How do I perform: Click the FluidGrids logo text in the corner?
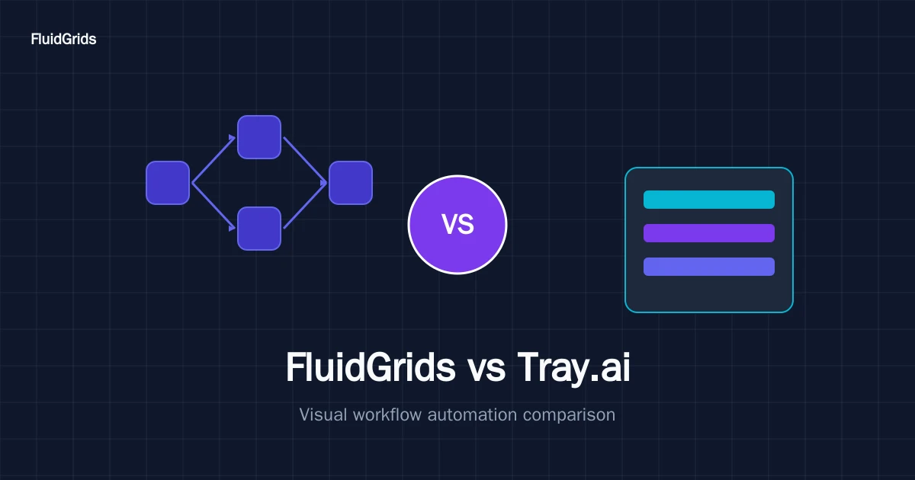[x=63, y=39]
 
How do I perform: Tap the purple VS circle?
[x=457, y=225]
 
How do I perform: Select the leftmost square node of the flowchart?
[x=168, y=183]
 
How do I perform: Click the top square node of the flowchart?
[x=259, y=137]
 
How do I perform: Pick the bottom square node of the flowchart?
[x=259, y=229]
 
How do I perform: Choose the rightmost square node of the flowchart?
[x=351, y=183]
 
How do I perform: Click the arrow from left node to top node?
[x=213, y=159]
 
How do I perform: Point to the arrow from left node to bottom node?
[x=213, y=206]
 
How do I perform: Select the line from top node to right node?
[x=305, y=160]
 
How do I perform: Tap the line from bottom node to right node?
[x=305, y=206]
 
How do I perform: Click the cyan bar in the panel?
[x=709, y=200]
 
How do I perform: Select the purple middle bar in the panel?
[x=709, y=233]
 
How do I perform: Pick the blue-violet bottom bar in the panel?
[x=709, y=267]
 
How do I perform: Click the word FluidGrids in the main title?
[x=371, y=367]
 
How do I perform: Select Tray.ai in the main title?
[x=574, y=369]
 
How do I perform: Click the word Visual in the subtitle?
[x=323, y=414]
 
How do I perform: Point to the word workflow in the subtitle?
[x=387, y=414]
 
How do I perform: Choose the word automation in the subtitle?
[x=472, y=414]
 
